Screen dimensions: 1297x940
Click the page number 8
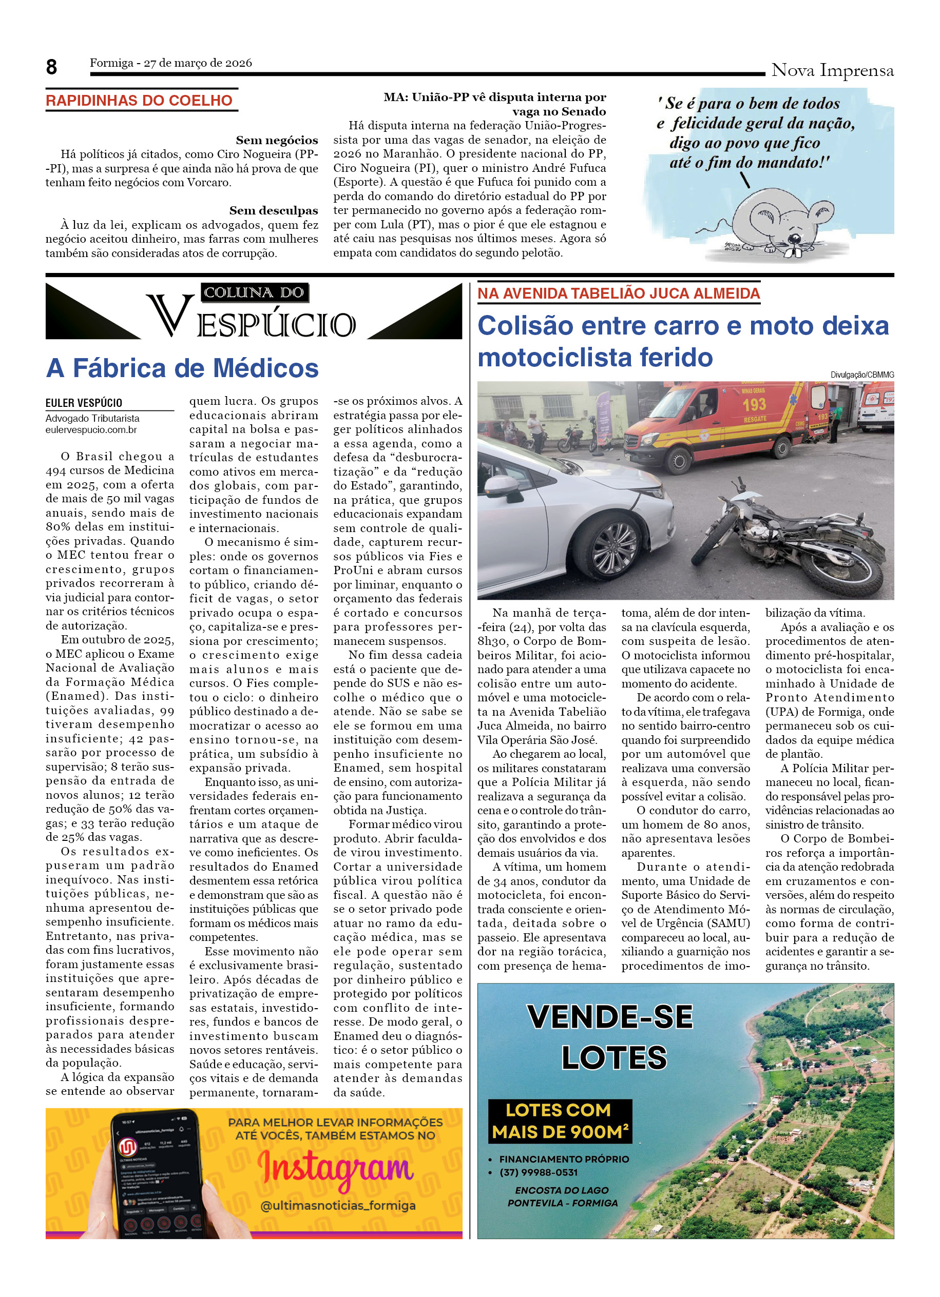[x=51, y=67]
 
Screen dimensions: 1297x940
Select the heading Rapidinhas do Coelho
[x=139, y=101]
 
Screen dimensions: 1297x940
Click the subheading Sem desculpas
[x=274, y=210]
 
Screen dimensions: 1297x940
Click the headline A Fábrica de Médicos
[x=182, y=368]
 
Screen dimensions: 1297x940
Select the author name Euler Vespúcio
[x=84, y=403]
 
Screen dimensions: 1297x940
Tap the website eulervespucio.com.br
[x=91, y=429]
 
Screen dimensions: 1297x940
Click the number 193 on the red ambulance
[x=754, y=404]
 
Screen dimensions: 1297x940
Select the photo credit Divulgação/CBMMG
[x=861, y=375]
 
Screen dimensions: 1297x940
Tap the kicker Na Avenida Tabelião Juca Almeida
[x=619, y=293]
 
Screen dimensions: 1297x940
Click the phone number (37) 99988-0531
[x=539, y=1172]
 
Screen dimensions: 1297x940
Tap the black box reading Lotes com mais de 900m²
[x=560, y=1121]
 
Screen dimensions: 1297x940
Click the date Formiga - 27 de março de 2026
[x=170, y=63]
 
